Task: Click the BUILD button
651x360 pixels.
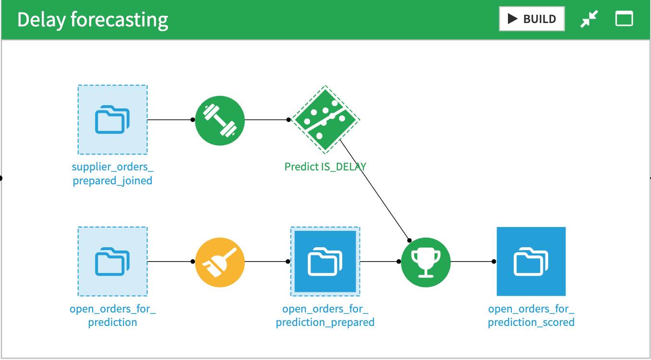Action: (531, 19)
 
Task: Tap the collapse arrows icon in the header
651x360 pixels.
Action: (589, 19)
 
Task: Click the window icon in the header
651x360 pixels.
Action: (624, 19)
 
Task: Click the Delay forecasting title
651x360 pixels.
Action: (93, 20)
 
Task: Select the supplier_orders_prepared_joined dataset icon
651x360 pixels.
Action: (113, 120)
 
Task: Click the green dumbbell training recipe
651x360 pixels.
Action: (220, 120)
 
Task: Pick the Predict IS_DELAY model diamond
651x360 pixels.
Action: (325, 120)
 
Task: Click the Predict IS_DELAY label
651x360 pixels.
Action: (325, 167)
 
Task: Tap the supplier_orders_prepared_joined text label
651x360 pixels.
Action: (113, 174)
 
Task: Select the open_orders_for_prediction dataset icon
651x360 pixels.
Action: (113, 262)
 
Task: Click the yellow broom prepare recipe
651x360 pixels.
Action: (220, 262)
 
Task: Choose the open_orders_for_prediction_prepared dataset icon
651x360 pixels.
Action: (325, 262)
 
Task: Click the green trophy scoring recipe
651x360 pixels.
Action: (426, 262)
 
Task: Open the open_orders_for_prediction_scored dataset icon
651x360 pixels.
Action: (531, 262)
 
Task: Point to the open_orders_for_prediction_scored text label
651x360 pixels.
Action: (531, 315)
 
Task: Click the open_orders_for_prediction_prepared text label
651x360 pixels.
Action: (325, 315)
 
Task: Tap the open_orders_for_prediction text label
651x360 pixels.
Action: (113, 315)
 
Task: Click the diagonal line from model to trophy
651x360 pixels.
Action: (374, 190)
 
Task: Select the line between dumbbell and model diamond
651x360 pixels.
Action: (266, 120)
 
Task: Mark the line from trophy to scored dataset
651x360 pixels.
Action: (473, 262)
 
